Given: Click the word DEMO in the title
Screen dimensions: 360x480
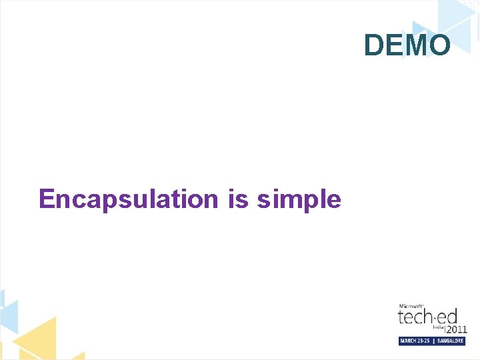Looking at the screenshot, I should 407,45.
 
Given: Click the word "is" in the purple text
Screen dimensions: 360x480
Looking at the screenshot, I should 237,199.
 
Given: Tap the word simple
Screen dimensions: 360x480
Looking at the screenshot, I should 299,199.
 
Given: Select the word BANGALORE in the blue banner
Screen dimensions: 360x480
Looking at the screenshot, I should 450,341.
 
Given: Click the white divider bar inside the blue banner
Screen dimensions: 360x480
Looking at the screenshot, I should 434,341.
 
